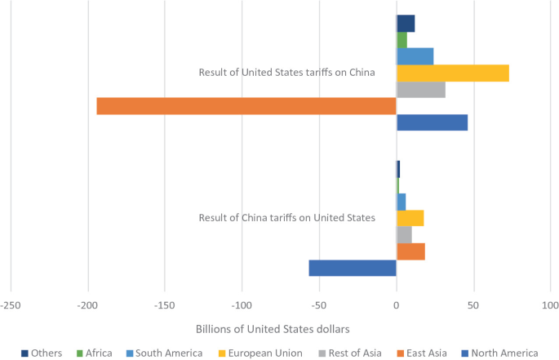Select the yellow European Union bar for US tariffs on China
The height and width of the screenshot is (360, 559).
(x=452, y=73)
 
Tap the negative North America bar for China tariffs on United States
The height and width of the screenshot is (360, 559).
(x=353, y=268)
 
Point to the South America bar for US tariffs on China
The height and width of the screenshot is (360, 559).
(x=415, y=56)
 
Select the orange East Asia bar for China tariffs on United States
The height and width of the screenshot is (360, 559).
(x=410, y=251)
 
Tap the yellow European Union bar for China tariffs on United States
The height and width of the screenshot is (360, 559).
(x=410, y=218)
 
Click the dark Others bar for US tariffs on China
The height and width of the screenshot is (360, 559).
(x=406, y=24)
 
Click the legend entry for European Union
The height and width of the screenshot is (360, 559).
(x=260, y=353)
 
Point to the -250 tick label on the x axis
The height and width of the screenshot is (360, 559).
(x=10, y=304)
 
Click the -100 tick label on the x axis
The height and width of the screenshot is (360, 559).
(x=242, y=304)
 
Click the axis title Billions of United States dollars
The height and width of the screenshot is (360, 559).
(x=273, y=328)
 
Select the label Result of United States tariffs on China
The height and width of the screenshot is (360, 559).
(x=286, y=72)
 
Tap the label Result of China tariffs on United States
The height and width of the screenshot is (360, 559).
(x=286, y=217)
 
